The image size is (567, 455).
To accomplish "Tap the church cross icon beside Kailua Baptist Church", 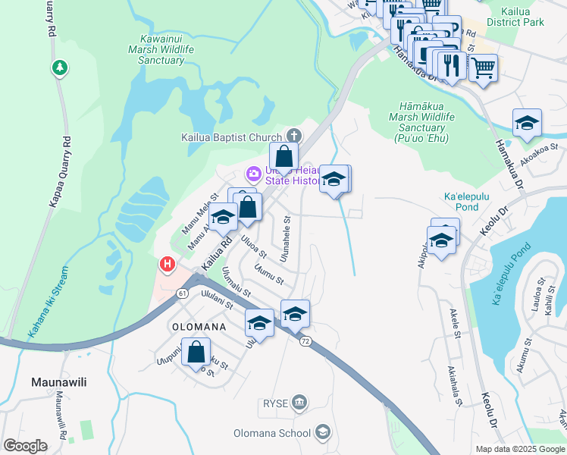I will (x=293, y=136).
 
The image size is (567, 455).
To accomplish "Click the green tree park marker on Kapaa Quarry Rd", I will (x=59, y=68).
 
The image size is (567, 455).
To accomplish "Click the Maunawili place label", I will (x=58, y=382).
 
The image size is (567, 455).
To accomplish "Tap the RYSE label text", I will (x=276, y=403).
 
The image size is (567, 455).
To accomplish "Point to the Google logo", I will (x=25, y=446).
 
